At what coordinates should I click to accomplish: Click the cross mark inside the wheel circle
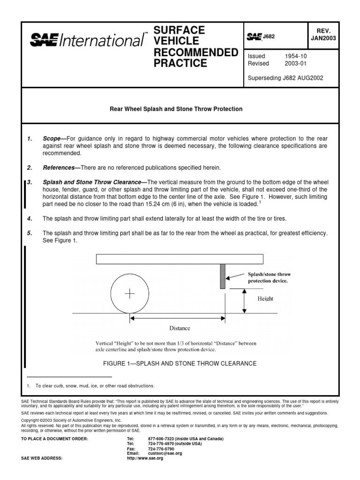click(129, 293)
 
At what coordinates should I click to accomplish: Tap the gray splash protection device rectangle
click(223, 276)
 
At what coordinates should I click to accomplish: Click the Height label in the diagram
click(265, 298)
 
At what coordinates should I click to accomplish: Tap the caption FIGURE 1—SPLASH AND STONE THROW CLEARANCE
click(179, 363)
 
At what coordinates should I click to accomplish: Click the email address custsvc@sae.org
click(165, 453)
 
